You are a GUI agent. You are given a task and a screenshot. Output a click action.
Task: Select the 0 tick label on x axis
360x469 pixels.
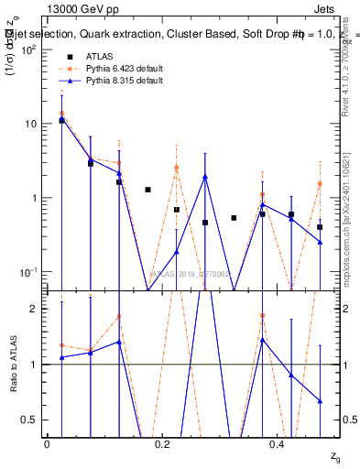[x=47, y=444]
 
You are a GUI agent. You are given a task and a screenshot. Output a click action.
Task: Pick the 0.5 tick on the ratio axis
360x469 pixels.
[x=27, y=420]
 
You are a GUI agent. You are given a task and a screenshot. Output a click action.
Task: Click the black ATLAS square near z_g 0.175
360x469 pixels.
[x=147, y=190]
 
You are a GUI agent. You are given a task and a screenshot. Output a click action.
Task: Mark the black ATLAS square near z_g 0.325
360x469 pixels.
[x=234, y=218]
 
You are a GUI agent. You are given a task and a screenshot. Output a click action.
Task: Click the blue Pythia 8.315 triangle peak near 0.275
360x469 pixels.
[x=205, y=177]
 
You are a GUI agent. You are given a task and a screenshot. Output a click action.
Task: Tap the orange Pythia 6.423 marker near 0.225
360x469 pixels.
[x=177, y=167]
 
